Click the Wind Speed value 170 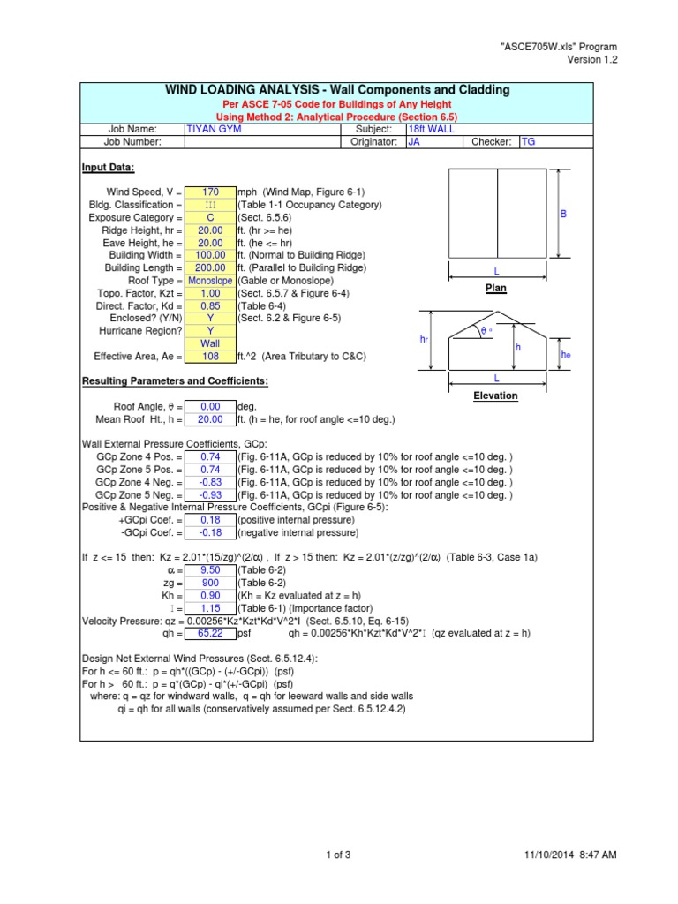(210, 192)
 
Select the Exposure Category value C (210, 217)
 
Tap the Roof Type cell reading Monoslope (210, 280)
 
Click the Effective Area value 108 (210, 357)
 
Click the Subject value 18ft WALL (426, 129)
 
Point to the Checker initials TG (529, 141)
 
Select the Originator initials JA (413, 141)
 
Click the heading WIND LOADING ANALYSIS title (337, 91)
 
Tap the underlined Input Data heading (109, 168)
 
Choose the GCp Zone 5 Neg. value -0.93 (210, 495)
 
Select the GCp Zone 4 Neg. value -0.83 (210, 483)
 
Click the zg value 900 (210, 584)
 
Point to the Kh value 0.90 (210, 596)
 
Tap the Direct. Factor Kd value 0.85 (210, 305)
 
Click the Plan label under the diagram (495, 289)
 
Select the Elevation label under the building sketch (495, 395)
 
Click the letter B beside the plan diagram (563, 215)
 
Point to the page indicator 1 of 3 (339, 855)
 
